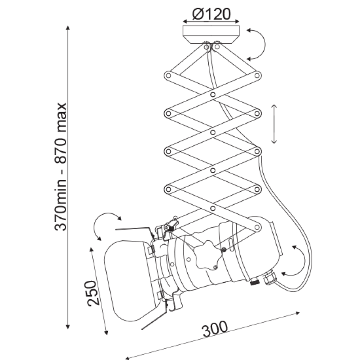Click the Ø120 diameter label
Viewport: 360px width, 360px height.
(x=211, y=14)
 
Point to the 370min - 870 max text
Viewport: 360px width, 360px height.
(x=61, y=166)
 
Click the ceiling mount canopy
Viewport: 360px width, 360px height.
(x=211, y=35)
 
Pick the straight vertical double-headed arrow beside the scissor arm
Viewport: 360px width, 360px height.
(x=274, y=124)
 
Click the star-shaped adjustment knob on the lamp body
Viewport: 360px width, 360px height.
(x=207, y=255)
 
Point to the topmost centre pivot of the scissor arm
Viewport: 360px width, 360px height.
(x=213, y=94)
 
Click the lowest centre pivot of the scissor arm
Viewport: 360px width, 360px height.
(x=213, y=208)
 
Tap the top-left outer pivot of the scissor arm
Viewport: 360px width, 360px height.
(x=168, y=76)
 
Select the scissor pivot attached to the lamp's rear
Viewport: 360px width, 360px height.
(x=257, y=227)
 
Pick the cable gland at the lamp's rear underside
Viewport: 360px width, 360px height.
(x=270, y=278)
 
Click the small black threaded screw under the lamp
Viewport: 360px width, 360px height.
(x=254, y=282)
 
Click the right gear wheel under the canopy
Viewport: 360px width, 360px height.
(x=216, y=47)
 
